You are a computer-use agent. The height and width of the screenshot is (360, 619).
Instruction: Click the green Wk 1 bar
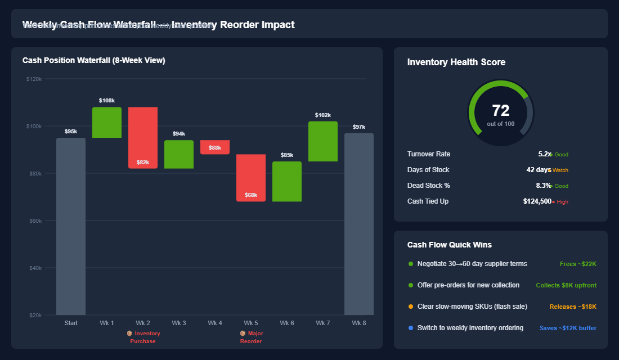tap(107, 122)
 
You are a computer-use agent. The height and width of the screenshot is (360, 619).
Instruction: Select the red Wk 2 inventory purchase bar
tap(143, 135)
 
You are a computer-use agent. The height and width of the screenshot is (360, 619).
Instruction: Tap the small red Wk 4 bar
tap(215, 147)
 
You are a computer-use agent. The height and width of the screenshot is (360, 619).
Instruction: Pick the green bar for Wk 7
tap(323, 141)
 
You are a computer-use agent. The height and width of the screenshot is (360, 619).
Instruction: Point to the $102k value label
tap(323, 115)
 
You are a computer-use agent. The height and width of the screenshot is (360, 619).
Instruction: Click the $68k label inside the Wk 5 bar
tap(251, 195)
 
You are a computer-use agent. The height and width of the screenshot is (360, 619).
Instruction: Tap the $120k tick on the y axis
tap(34, 79)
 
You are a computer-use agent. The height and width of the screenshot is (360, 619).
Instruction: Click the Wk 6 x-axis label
tap(287, 323)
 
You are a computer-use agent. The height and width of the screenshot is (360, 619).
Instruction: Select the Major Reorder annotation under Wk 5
tap(251, 337)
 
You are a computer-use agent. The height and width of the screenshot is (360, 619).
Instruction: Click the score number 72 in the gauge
tap(500, 111)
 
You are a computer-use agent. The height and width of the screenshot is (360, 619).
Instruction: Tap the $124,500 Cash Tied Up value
tap(537, 201)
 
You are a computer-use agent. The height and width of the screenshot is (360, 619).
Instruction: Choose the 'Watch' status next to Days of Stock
tap(560, 170)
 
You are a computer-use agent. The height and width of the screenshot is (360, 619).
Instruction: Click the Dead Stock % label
tap(429, 186)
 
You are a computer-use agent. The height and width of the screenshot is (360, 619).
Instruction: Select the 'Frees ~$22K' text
tap(578, 264)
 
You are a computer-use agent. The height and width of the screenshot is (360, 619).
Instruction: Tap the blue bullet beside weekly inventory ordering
tap(411, 328)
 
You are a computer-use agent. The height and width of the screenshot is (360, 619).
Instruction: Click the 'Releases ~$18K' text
tap(573, 307)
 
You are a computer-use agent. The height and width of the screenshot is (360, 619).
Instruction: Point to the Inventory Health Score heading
tap(456, 62)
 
